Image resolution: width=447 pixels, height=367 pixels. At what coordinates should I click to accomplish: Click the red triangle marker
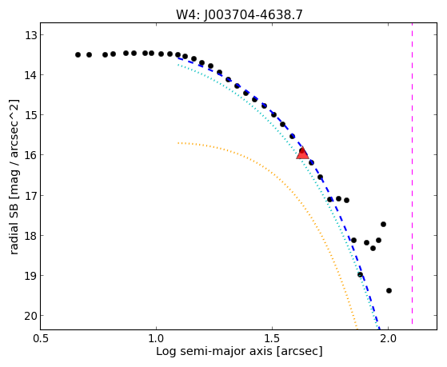click(x=302, y=154)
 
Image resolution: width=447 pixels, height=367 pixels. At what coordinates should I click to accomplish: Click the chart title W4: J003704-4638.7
click(x=239, y=14)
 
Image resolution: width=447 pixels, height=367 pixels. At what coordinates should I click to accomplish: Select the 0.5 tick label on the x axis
click(x=41, y=339)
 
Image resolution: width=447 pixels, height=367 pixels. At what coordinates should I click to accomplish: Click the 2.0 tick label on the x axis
click(x=389, y=339)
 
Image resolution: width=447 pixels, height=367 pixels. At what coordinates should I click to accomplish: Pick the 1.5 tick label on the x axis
click(x=272, y=339)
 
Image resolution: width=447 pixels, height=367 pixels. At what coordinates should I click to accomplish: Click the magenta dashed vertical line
click(x=413, y=174)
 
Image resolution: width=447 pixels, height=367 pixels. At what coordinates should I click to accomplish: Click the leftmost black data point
click(x=78, y=54)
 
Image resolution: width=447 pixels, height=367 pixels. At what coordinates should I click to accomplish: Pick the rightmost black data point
click(x=389, y=290)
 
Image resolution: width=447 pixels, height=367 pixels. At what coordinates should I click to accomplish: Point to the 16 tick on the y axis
click(x=41, y=155)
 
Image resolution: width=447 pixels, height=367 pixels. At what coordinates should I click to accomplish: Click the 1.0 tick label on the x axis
click(x=156, y=339)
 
